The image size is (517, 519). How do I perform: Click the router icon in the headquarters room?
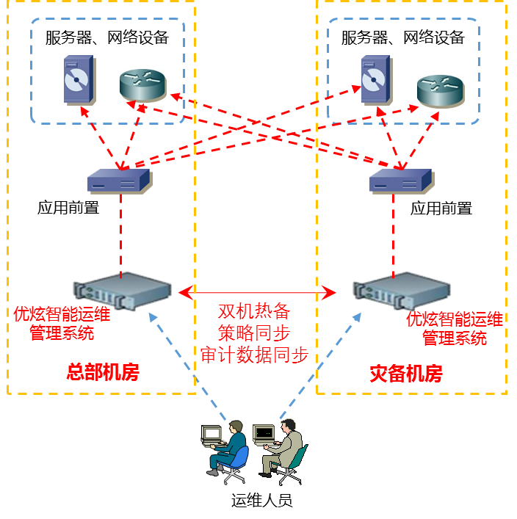tap(143, 85)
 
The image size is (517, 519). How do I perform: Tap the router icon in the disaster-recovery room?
tap(441, 91)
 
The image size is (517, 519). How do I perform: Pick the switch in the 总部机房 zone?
tap(119, 181)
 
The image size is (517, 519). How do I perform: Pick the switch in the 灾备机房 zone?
tap(401, 181)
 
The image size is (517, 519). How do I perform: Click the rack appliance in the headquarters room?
tap(122, 289)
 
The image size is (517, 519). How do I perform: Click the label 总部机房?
tap(103, 372)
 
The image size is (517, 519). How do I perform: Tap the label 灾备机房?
tap(406, 374)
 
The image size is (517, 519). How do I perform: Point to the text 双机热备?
tap(254, 311)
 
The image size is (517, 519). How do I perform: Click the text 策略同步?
tap(254, 333)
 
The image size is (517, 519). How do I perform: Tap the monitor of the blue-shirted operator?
tap(212, 435)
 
